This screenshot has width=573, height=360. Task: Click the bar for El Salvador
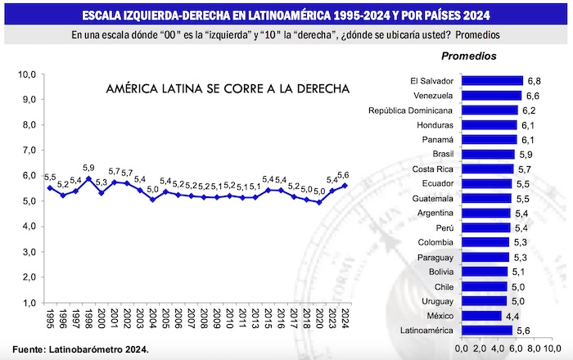(493, 81)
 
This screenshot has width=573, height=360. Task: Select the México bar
(482, 316)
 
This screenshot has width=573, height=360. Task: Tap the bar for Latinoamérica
(488, 331)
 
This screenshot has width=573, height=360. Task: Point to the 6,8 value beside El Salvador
(534, 81)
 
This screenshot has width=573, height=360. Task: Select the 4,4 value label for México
(512, 316)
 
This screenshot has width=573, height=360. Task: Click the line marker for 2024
(344, 186)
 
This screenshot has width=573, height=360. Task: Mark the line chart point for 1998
(88, 178)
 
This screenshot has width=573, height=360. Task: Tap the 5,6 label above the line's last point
(345, 173)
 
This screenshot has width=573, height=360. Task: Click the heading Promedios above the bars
(468, 56)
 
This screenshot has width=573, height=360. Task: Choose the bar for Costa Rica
(489, 169)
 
